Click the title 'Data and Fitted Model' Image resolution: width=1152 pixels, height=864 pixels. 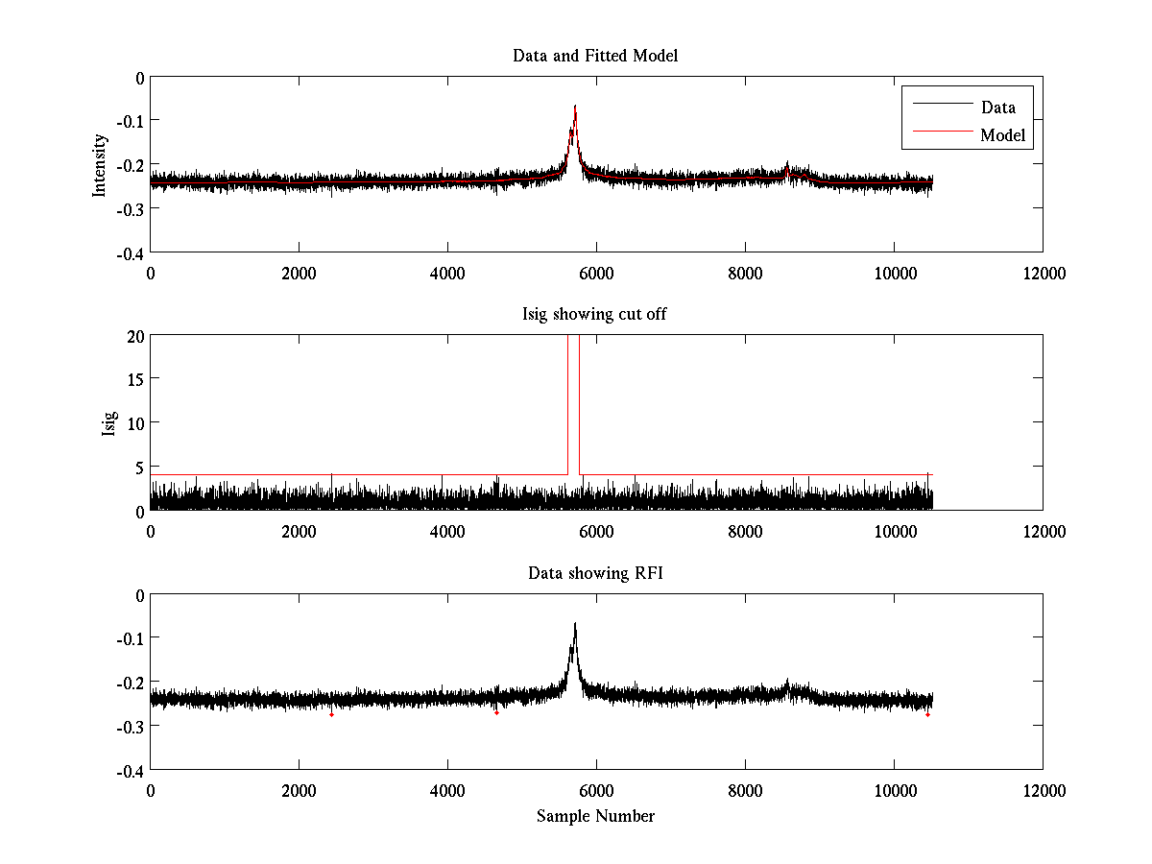coord(595,56)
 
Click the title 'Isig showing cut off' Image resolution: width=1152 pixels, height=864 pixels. coord(595,314)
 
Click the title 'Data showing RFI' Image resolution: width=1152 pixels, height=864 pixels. coord(595,573)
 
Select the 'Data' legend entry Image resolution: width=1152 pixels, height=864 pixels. coord(997,107)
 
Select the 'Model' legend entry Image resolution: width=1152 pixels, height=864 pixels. coord(1002,135)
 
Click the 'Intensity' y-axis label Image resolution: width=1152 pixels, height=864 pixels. coord(99,165)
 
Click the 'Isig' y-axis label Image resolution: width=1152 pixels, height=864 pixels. coord(109,423)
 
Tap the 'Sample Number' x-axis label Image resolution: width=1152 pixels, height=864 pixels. coord(595,816)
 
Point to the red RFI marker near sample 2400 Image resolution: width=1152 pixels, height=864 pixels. coord(331,714)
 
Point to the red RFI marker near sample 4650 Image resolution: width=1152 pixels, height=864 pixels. coord(496,712)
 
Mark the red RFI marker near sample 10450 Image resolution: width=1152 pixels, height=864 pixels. coord(927,714)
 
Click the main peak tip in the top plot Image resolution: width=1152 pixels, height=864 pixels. coord(575,106)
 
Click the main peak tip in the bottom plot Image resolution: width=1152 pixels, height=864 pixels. coord(575,623)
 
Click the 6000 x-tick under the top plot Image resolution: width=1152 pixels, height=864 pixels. coord(596,273)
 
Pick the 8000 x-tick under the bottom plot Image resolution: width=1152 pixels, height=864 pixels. coord(745,790)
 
